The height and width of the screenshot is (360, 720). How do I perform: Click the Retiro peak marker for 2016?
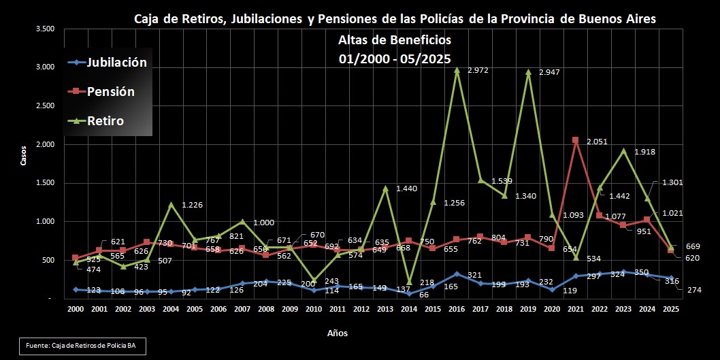coord(457,69)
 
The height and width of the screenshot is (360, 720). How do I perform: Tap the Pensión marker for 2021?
coord(575,140)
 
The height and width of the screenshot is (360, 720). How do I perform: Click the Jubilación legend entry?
coord(116,63)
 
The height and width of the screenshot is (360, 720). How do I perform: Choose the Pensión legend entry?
coord(110,92)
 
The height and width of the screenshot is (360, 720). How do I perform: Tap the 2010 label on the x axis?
coord(314,309)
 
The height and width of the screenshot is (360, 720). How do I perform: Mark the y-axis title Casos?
coord(24,157)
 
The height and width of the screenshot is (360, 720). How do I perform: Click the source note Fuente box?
coord(82,346)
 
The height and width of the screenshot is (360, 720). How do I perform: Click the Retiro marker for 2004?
coord(171,204)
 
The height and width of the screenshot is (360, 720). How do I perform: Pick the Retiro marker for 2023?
coord(623,150)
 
